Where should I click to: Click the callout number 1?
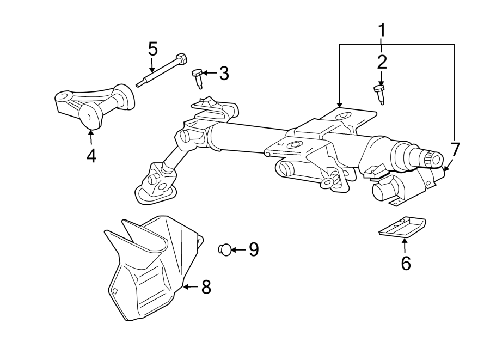pos(382,30)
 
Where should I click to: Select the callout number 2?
pos(382,61)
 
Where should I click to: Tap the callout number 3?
pos(224,74)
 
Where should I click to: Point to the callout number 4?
pos(91,156)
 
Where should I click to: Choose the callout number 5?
pos(153,49)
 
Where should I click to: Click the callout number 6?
pos(406,263)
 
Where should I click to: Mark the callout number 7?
pos(455,149)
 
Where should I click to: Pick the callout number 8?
pos(206,287)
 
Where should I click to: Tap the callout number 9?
pos(253,249)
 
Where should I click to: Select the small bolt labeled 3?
pos(198,78)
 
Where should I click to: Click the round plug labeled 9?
pos(224,249)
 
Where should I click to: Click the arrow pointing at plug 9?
pos(238,249)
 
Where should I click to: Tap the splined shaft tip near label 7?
pos(433,158)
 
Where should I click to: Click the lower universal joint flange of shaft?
pos(155,188)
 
